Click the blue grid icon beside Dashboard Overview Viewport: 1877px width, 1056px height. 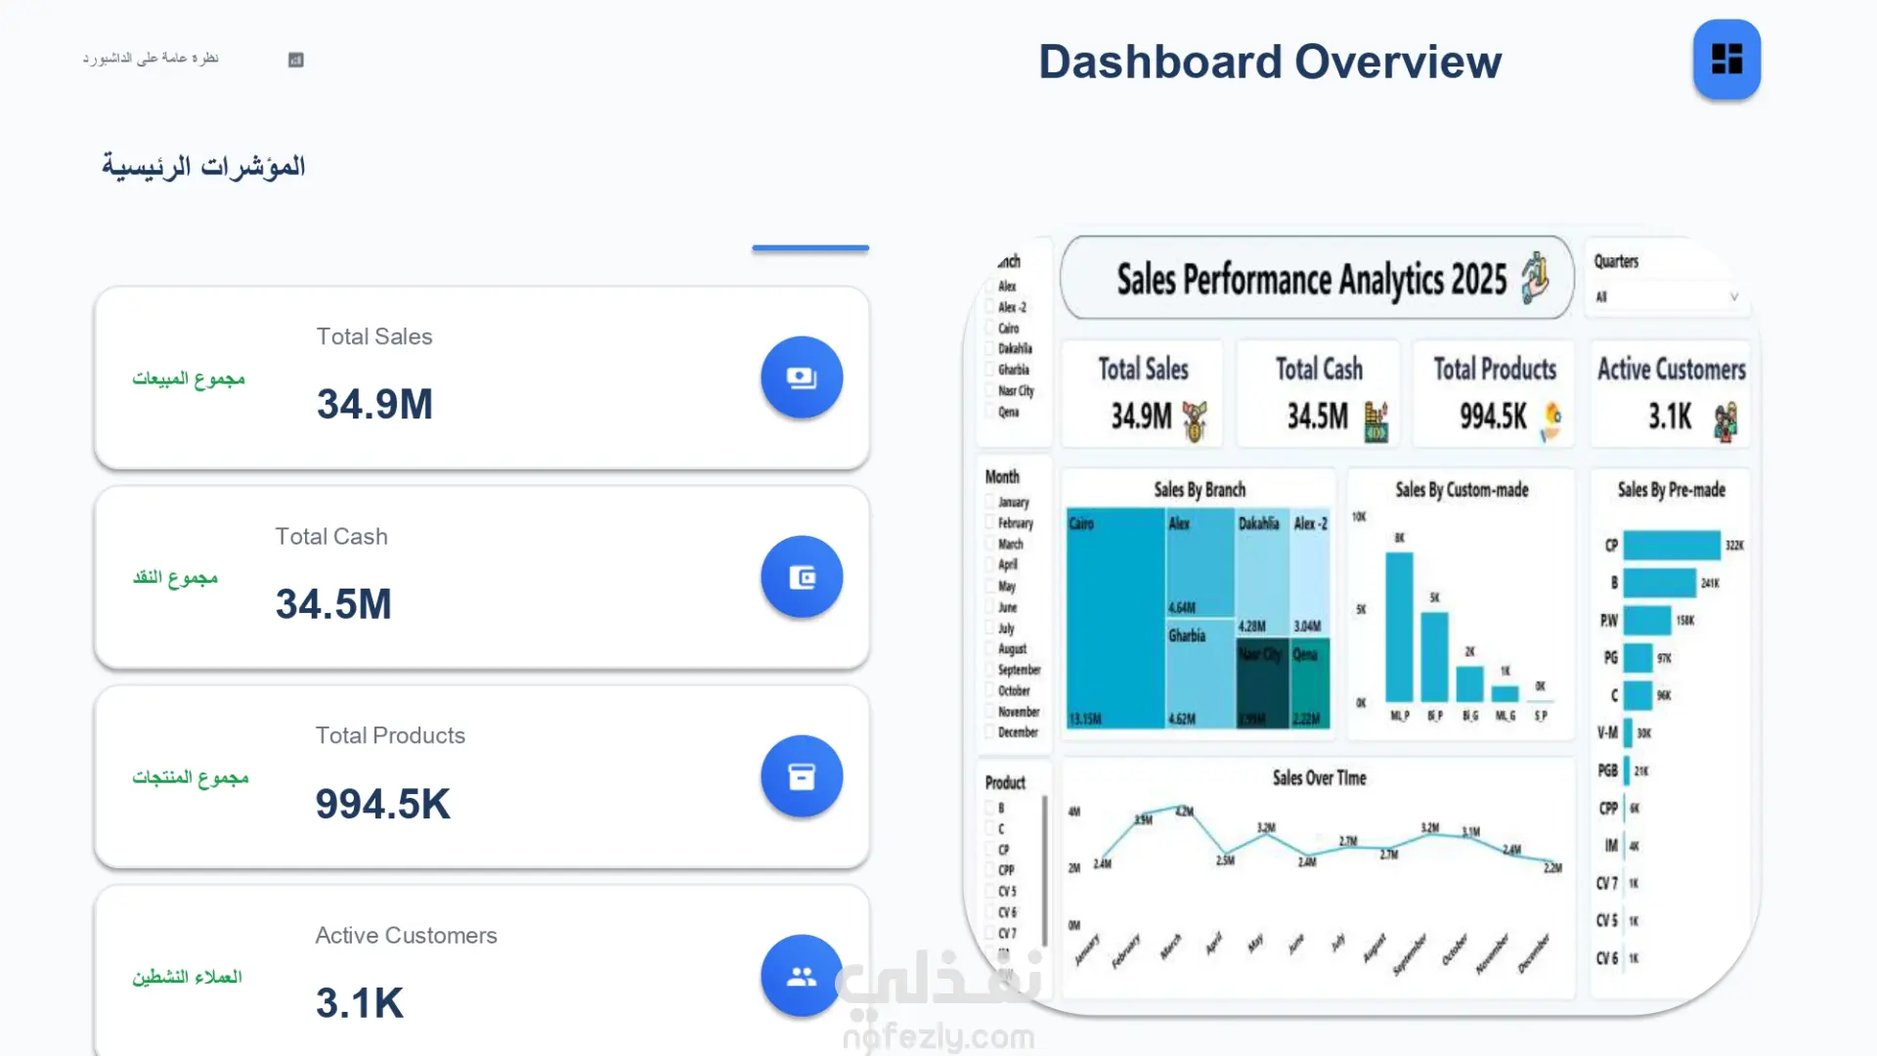1726,60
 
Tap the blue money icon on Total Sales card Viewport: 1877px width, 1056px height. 802,377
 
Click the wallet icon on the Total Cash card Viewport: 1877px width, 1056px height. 802,577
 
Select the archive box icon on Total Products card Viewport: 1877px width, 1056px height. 802,776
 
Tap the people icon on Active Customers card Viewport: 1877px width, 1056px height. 802,976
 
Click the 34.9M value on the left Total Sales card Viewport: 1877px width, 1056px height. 374,404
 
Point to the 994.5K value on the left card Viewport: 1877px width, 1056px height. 382,804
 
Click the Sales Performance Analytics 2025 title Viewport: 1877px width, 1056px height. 1311,280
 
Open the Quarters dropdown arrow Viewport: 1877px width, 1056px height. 1733,296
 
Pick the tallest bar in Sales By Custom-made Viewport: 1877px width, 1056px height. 1399,626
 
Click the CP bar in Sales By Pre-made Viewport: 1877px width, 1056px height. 1671,545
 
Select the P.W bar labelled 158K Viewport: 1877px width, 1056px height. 1647,620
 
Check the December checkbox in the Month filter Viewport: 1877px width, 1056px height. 990,731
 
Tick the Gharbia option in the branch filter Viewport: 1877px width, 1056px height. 990,370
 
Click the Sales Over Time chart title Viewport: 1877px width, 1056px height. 1319,778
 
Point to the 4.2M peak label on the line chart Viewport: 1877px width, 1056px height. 1184,812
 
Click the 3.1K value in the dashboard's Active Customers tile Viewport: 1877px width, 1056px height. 1670,418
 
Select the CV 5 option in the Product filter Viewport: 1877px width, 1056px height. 990,891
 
